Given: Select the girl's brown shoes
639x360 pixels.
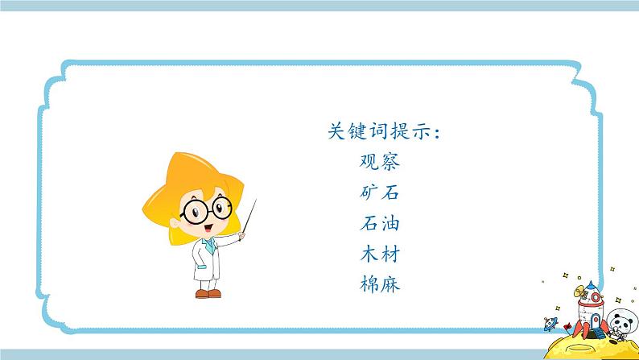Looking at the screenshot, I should [208, 294].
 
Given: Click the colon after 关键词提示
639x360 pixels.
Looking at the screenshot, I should [435, 133].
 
